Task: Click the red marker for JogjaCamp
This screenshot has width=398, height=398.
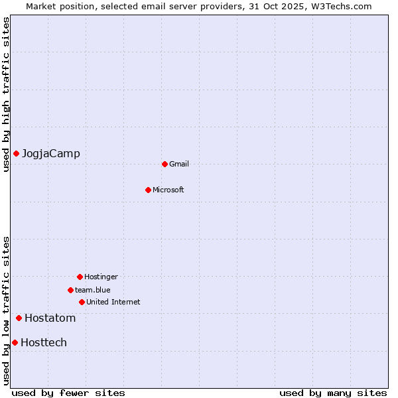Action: click(16, 154)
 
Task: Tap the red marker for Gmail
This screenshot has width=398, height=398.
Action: click(165, 164)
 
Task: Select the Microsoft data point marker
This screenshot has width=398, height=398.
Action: click(148, 190)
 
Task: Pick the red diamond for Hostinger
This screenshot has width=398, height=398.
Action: click(80, 277)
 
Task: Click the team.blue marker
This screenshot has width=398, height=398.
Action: click(70, 290)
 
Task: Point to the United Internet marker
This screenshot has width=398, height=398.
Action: click(82, 302)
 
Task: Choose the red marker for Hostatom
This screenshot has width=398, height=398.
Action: click(19, 318)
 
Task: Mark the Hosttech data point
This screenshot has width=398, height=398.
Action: click(15, 342)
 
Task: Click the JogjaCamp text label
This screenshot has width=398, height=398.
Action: click(51, 154)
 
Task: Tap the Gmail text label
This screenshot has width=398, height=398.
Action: click(179, 165)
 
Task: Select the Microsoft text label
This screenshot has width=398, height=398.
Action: click(168, 190)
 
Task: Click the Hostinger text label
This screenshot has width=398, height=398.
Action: click(101, 277)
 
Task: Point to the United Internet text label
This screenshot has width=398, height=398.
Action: click(113, 302)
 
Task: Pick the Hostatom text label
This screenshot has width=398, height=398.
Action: click(50, 318)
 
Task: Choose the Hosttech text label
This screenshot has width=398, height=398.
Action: click(44, 343)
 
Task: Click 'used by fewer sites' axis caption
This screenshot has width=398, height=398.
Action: click(68, 393)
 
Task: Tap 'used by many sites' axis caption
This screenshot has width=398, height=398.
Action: click(333, 393)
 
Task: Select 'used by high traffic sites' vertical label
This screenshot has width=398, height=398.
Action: click(6, 94)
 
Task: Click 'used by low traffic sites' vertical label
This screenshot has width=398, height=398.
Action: click(6, 310)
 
